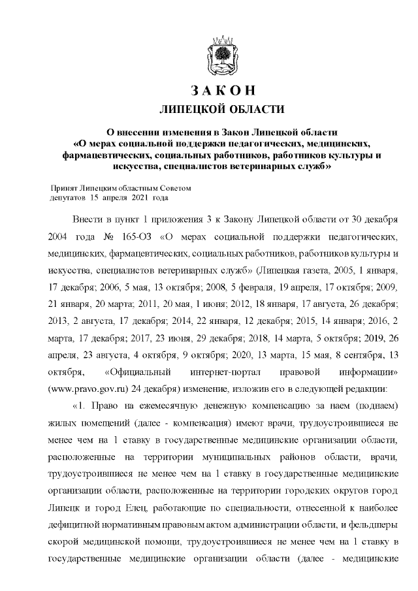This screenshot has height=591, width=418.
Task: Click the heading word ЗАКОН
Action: point(217,90)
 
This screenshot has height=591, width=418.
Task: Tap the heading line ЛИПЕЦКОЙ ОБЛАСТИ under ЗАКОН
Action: point(217,108)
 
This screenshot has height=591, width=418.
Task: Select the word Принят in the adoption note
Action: point(67,187)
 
